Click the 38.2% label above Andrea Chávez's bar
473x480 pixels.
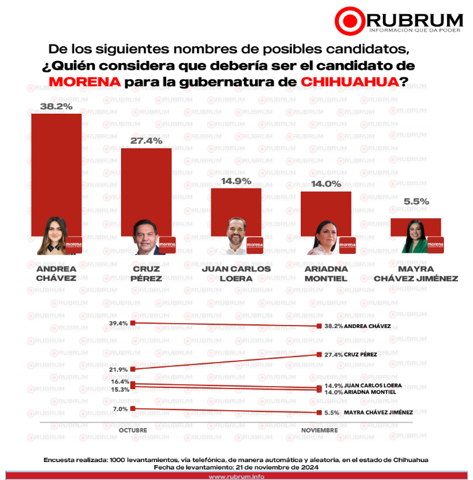[x=56, y=106]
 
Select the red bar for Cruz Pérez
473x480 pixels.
[x=146, y=185]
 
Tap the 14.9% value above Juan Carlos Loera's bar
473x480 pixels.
[x=236, y=181]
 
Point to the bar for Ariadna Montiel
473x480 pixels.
[x=325, y=210]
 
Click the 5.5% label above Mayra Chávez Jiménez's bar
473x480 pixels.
[x=416, y=201]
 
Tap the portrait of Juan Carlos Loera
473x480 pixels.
[x=236, y=236]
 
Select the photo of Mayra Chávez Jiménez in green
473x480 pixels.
[x=414, y=237]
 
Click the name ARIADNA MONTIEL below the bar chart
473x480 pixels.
[x=325, y=274]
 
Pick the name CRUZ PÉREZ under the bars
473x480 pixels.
[x=146, y=274]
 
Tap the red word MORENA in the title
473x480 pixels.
[x=83, y=82]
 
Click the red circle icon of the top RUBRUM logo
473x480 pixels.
[x=350, y=20]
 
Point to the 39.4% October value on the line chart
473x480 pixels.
[x=118, y=323]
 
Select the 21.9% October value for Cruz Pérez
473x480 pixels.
[x=118, y=369]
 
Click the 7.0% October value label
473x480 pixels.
[x=120, y=409]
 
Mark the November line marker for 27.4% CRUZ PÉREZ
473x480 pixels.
[x=319, y=355]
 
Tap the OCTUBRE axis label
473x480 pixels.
[x=133, y=430]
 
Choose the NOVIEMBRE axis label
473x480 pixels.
[x=319, y=430]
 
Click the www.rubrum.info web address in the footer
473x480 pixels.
[x=236, y=476]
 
